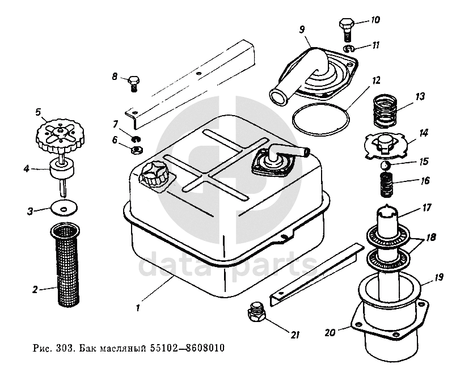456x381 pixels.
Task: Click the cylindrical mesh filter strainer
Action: (67, 265)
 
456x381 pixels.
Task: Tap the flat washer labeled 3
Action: (64, 208)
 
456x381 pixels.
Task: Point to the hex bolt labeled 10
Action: (346, 27)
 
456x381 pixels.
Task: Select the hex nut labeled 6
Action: (136, 150)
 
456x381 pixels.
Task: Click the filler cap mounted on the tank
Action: (154, 175)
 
